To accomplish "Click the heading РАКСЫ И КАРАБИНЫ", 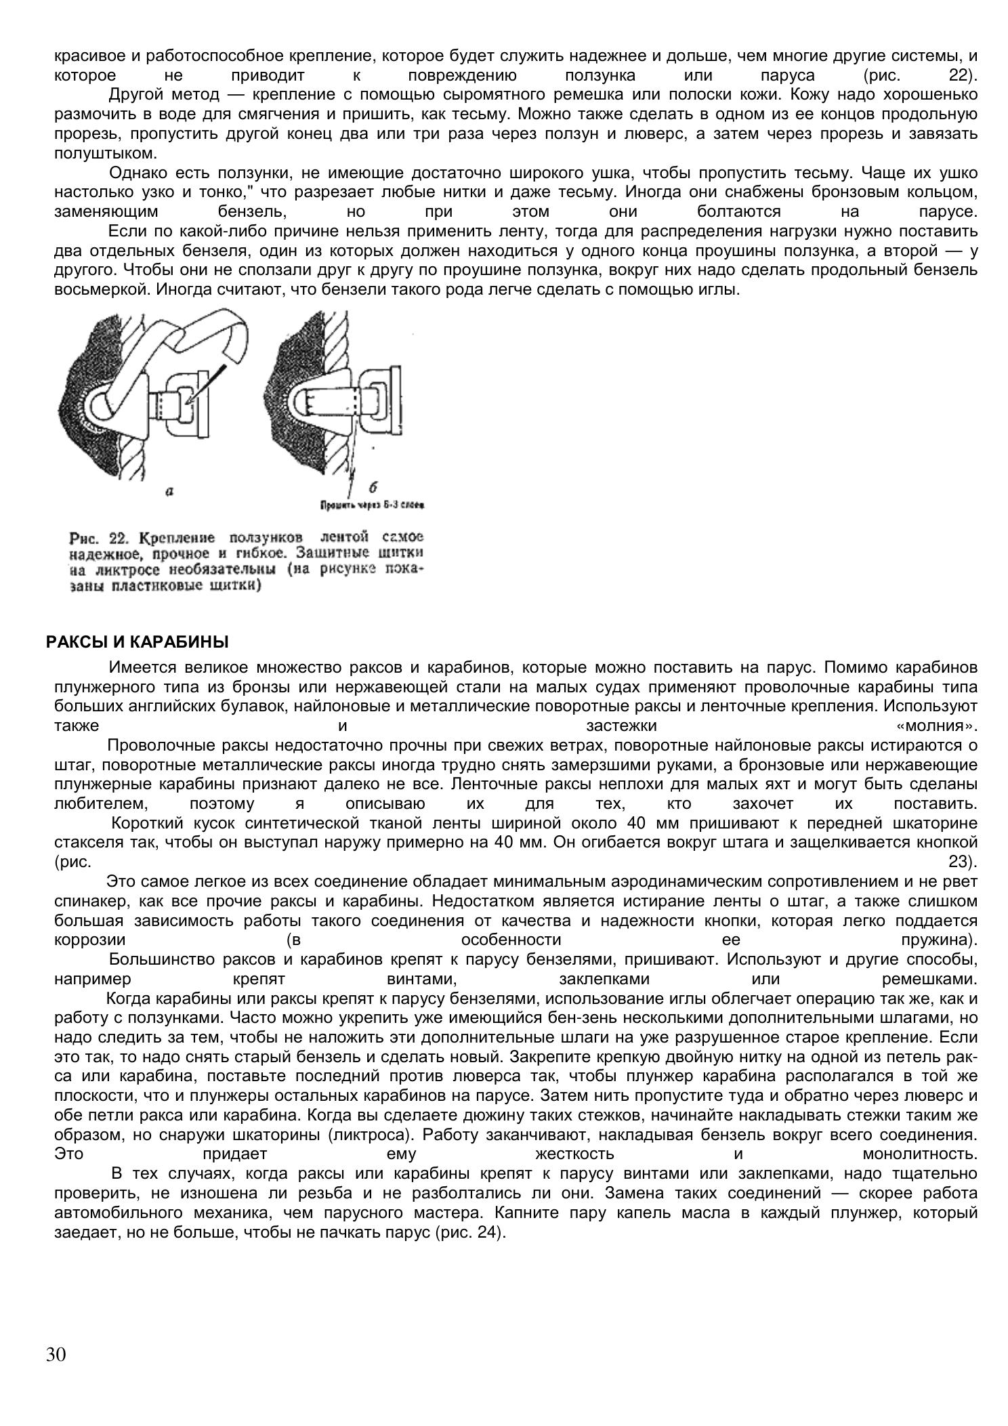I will [x=138, y=642].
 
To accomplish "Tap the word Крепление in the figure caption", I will [x=177, y=538].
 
